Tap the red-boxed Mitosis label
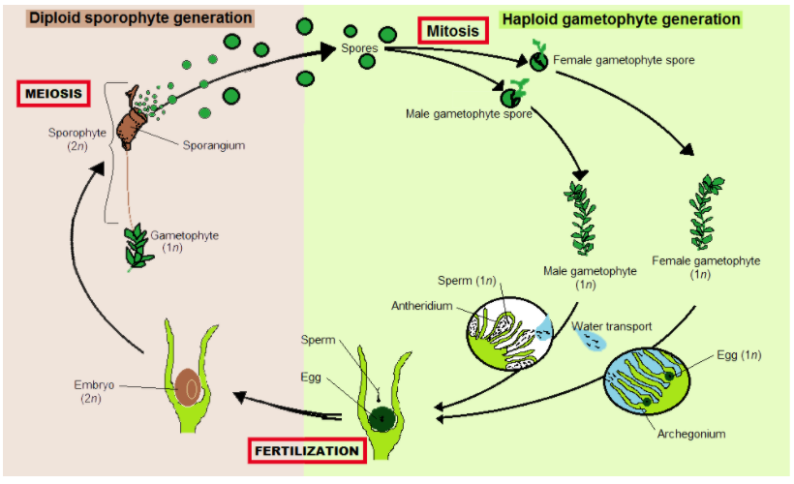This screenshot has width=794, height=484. pyautogui.click(x=454, y=31)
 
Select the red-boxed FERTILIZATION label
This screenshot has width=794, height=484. pyautogui.click(x=305, y=451)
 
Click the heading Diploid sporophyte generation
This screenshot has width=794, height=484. pyautogui.click(x=141, y=17)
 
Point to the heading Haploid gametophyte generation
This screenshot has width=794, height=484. pyautogui.click(x=620, y=18)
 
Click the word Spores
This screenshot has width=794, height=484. pyautogui.click(x=359, y=46)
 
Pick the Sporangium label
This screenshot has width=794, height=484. pyautogui.click(x=213, y=145)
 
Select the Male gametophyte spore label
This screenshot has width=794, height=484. pyautogui.click(x=469, y=115)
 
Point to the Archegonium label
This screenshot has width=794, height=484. pyautogui.click(x=691, y=434)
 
